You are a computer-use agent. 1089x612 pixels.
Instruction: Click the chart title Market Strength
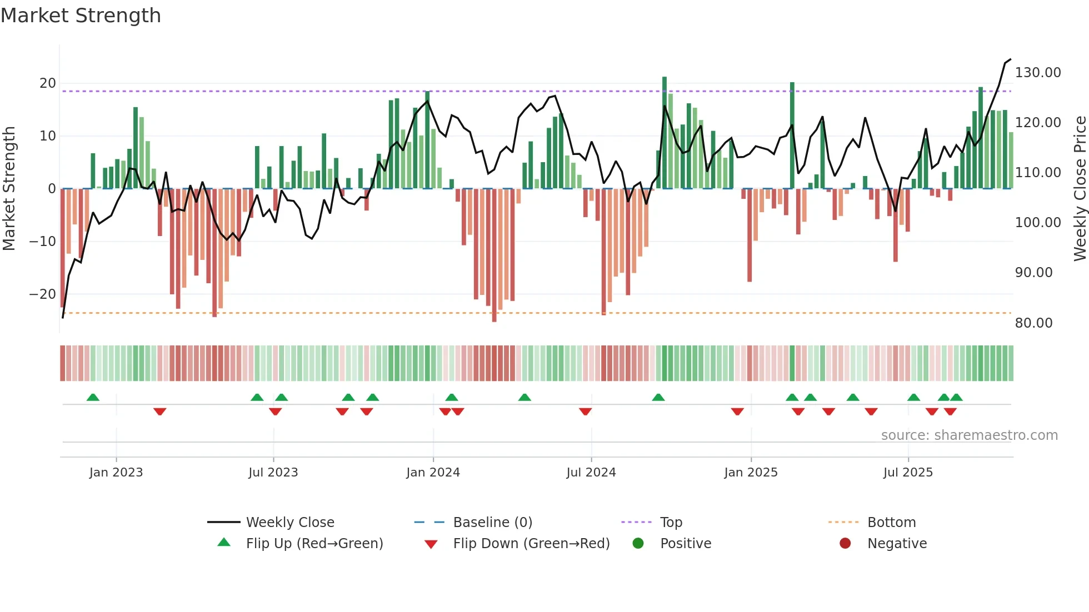[81, 16]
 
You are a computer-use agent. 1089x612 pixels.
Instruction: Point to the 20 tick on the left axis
[48, 83]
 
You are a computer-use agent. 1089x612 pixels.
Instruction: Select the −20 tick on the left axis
[43, 294]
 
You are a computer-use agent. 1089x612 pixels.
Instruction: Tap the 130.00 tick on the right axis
[1038, 73]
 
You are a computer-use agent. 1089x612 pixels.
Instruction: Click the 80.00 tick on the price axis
[1033, 323]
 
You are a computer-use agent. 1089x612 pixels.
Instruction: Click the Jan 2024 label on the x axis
[433, 473]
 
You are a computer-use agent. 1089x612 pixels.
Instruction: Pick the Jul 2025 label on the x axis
[908, 473]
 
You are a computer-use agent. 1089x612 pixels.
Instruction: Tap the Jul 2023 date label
[273, 473]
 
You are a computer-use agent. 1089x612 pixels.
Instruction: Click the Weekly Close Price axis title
[1080, 189]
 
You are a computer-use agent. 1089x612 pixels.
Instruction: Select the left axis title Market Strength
[9, 189]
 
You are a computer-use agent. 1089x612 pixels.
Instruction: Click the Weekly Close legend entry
[290, 523]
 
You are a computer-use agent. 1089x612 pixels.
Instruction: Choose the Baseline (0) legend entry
[492, 523]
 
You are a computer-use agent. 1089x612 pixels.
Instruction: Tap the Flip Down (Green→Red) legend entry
[531, 544]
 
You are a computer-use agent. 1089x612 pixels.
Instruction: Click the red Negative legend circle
[845, 544]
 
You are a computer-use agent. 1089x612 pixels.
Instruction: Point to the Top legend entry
[671, 523]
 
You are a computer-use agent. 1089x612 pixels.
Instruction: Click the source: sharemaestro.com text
[969, 435]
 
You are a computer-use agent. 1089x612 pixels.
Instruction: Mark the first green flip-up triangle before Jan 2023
[93, 398]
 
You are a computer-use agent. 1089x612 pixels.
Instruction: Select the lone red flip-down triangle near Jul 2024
[585, 412]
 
